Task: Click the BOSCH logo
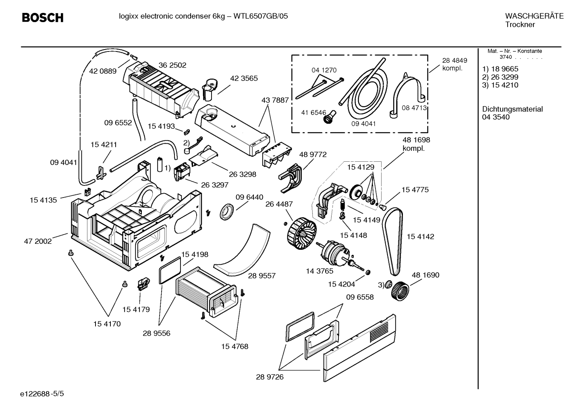tap(42, 18)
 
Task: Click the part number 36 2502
tap(172, 65)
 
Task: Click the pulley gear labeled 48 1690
tap(400, 290)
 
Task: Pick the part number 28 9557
tap(261, 276)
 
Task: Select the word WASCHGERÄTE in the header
tap(534, 16)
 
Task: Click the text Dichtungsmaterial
tap(512, 109)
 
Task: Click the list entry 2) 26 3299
tap(500, 77)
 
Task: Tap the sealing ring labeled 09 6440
tap(226, 211)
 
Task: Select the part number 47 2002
tap(38, 241)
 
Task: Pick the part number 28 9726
tap(270, 377)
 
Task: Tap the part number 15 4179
tap(136, 309)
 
